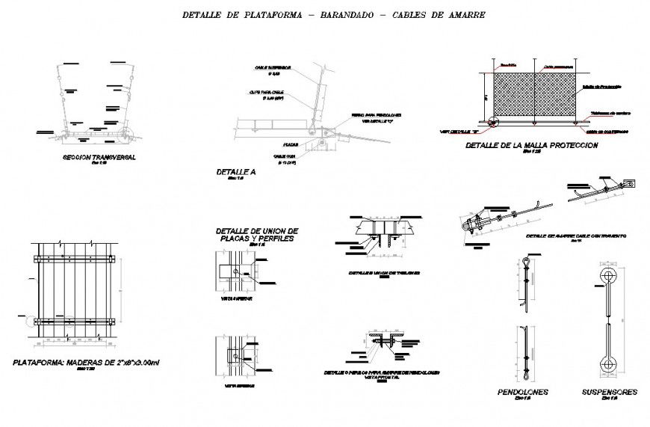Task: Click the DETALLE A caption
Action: tap(235, 172)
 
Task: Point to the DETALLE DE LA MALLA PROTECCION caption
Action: tap(531, 145)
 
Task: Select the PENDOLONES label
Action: tap(523, 392)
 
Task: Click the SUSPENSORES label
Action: tap(609, 392)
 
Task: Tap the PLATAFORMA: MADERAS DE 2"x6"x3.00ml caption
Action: tap(87, 362)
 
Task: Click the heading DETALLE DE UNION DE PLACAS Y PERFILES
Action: tap(256, 234)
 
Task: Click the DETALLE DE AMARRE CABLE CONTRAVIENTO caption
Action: tap(575, 236)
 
